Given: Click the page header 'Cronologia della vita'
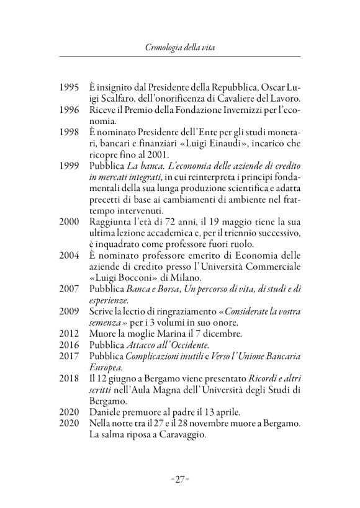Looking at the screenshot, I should point(179,47).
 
